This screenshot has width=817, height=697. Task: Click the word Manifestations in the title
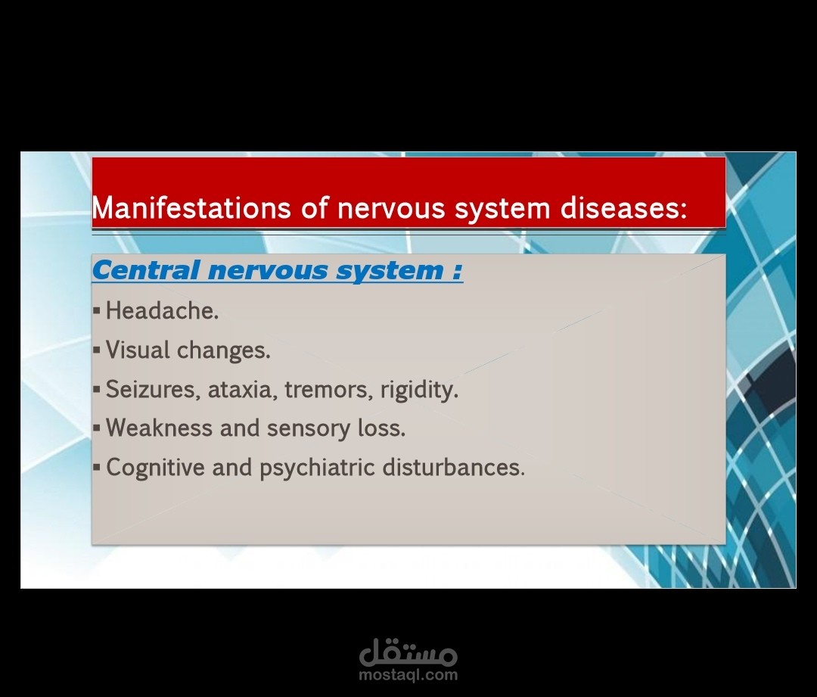tap(191, 207)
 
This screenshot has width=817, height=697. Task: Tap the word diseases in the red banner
tap(623, 207)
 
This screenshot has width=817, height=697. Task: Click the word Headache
tap(162, 311)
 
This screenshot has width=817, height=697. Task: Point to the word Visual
tap(138, 350)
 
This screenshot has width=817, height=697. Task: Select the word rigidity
tap(419, 390)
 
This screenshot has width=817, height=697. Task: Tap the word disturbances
tap(453, 467)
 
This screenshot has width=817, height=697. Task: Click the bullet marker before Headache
tap(96, 311)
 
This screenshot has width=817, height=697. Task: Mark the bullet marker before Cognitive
tap(96, 467)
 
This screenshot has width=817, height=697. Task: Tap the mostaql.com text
tap(408, 675)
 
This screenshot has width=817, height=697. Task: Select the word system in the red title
tap(502, 209)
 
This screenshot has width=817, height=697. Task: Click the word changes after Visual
tap(223, 350)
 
